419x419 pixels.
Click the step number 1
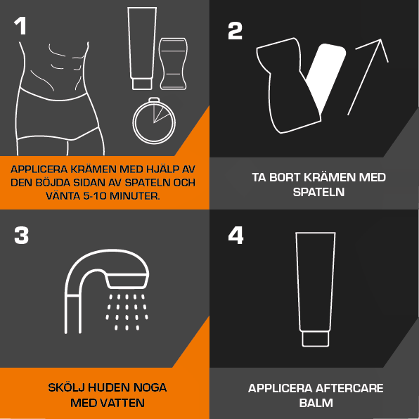point(20,25)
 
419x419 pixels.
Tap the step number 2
point(235,31)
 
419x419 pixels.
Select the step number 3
point(21,235)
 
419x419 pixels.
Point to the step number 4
point(236,235)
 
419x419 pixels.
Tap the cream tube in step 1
point(142,49)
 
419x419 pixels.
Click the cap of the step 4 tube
point(316,339)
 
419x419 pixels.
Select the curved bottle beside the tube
point(173,63)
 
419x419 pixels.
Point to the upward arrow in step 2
point(368,77)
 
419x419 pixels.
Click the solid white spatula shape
point(326,77)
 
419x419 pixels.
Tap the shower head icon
point(107,278)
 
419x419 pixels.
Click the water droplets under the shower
point(127,312)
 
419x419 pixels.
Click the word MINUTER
point(135,196)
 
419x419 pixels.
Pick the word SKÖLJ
point(66,387)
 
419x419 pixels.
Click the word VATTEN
point(125,403)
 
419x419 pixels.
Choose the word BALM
point(316,403)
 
